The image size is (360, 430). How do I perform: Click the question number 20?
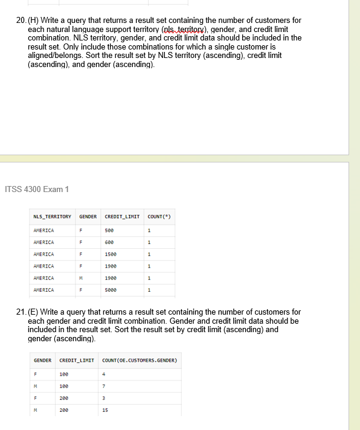point(21,21)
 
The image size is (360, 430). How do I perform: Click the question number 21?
point(21,312)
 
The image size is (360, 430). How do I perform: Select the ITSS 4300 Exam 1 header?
point(37,190)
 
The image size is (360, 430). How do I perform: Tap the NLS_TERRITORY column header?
point(52,216)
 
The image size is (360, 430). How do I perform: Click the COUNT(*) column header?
point(157,216)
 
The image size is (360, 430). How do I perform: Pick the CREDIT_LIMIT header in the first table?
point(122,216)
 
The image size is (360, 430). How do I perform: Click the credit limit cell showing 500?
point(109,230)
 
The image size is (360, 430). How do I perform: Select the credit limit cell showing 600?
point(109,242)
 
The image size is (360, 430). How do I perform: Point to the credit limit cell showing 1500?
point(111,254)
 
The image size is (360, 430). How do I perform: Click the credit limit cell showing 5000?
point(111,290)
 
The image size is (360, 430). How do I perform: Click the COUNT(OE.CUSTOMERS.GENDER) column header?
point(139,361)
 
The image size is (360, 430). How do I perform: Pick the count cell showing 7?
point(104,385)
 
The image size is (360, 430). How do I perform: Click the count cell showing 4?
point(104,373)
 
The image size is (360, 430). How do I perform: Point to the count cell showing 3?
point(104,397)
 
